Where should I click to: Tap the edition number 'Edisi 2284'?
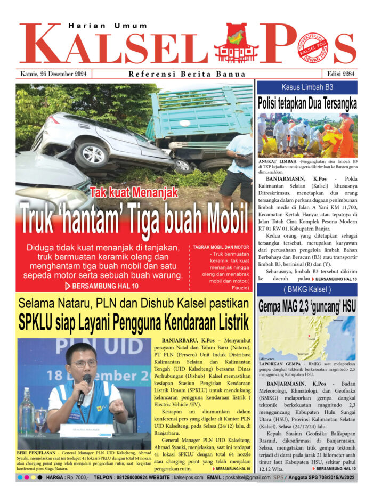point(339,74)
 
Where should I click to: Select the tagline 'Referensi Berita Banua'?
point(186,74)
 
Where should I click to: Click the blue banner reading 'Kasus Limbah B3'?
point(307,87)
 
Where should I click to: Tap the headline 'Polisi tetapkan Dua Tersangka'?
point(307,103)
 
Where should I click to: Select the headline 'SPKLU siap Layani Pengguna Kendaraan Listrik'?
point(134,323)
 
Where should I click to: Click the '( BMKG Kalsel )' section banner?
point(307,290)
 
